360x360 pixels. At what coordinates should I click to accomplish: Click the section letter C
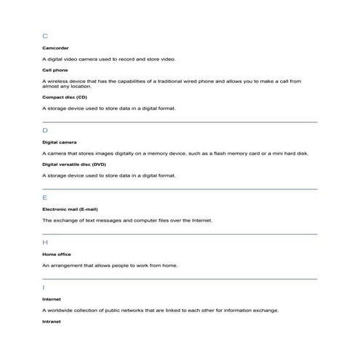click(45, 35)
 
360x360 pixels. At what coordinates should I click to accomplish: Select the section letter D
click(45, 130)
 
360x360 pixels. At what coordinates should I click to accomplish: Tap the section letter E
click(45, 197)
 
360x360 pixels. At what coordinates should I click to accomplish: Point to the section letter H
click(45, 242)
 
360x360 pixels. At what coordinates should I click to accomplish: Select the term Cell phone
click(55, 70)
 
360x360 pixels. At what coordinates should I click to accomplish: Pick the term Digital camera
click(59, 142)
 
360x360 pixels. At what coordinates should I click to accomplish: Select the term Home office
click(57, 254)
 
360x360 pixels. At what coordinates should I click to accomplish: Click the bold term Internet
click(52, 299)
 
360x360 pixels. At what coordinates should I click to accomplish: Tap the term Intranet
click(52, 321)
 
